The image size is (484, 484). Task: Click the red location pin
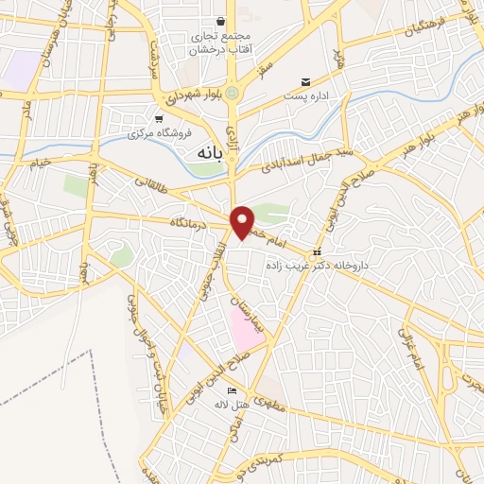[243, 222]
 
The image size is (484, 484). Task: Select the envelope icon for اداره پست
[305, 81]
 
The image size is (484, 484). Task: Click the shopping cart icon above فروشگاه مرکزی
[158, 118]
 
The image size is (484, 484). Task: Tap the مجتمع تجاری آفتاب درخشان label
[221, 43]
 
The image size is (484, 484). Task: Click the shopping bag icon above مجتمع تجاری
[220, 21]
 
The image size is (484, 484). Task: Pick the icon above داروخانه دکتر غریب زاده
[319, 252]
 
